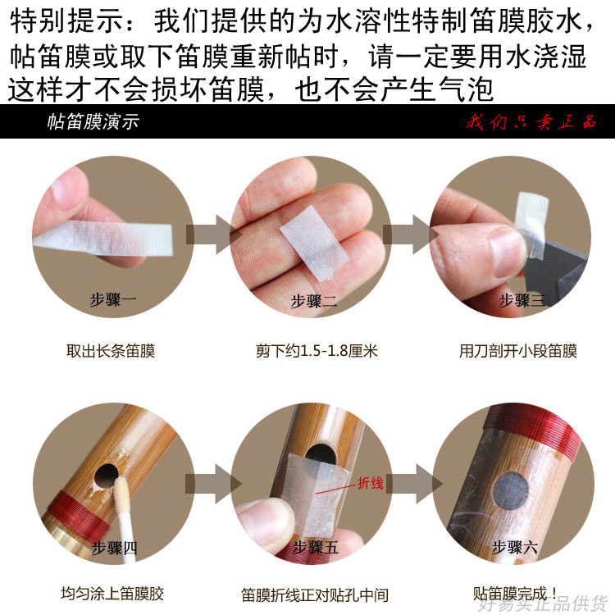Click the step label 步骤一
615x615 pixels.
(113, 299)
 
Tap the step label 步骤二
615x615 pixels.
(313, 301)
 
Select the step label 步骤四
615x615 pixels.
(114, 548)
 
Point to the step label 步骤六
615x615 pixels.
(515, 547)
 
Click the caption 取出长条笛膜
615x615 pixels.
(111, 351)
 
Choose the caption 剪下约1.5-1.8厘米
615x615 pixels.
(317, 351)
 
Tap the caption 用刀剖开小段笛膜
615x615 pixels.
(518, 351)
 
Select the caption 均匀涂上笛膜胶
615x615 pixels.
(112, 594)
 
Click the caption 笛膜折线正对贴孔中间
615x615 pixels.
(315, 594)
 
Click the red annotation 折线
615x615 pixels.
(370, 483)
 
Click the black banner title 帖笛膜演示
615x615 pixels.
(93, 121)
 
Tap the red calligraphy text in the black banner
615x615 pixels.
(531, 122)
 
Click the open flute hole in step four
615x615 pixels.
(107, 476)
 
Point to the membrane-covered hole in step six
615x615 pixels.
(510, 492)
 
